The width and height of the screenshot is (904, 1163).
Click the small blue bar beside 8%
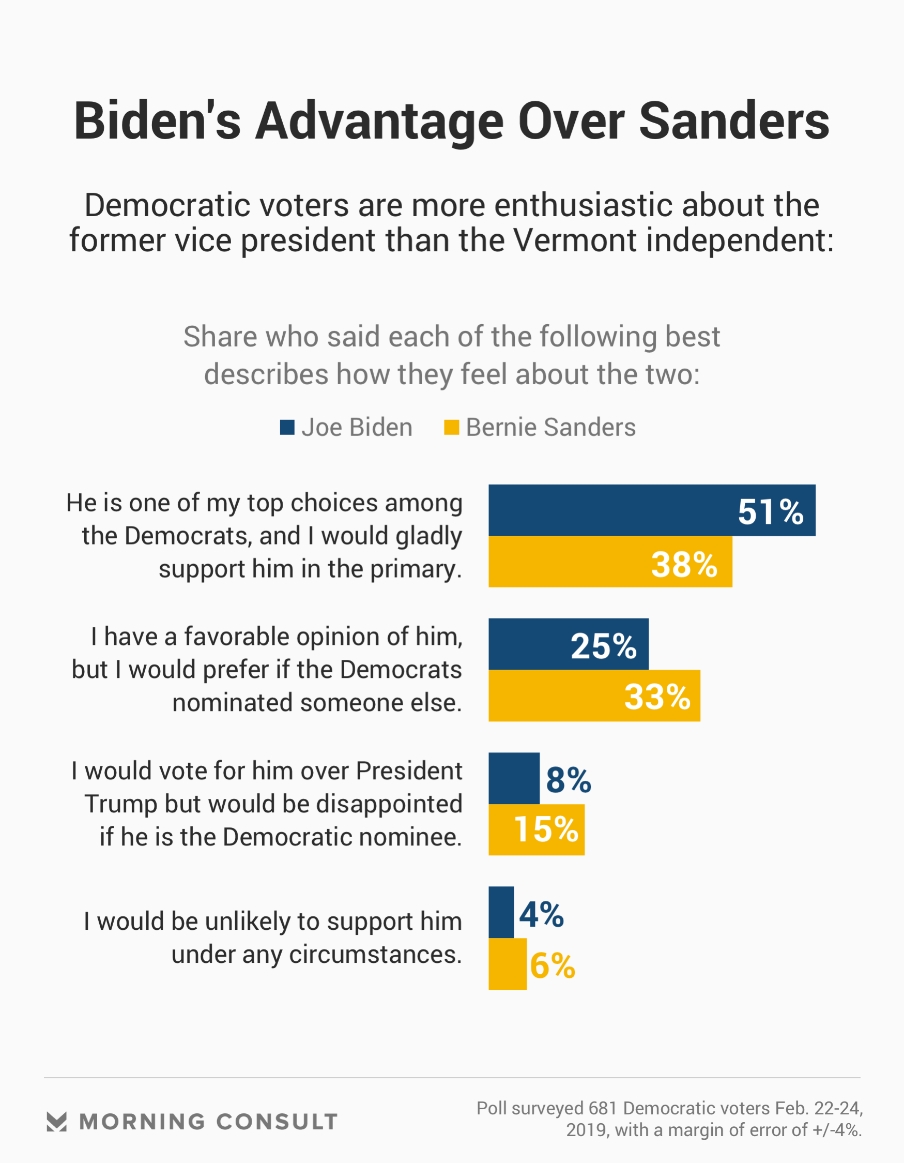point(514,778)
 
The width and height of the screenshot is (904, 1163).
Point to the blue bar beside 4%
point(501,912)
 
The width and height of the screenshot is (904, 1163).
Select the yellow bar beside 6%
point(508,964)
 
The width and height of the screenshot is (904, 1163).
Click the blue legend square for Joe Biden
point(287,427)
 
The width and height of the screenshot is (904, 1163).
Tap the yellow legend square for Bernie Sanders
point(451,427)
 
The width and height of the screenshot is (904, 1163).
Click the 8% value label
point(569,780)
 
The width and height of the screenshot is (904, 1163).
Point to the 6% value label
point(553,965)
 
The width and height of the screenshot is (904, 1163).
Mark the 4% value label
point(542,914)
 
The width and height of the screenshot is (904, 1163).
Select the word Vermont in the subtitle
point(575,240)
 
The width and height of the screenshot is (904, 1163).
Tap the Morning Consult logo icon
point(56,1122)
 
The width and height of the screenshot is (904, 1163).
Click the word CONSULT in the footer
point(277,1122)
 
